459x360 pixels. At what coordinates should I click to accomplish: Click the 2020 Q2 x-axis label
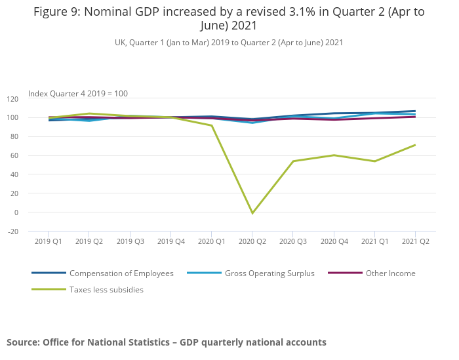coord(252,241)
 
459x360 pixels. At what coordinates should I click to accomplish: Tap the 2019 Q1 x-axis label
coord(49,241)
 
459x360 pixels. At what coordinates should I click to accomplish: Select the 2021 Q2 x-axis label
coord(415,241)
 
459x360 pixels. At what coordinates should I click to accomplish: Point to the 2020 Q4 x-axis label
coord(334,241)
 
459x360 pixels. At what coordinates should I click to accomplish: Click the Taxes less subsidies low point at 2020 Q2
coord(252,213)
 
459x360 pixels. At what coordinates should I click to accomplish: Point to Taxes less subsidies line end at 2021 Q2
coord(415,145)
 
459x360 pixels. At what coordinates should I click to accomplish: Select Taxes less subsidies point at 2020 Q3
coord(293,161)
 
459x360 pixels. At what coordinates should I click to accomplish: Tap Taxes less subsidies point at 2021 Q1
coord(374,161)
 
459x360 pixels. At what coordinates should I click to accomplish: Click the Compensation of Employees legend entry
coord(121,273)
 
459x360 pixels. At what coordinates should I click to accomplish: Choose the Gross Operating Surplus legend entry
coord(269,273)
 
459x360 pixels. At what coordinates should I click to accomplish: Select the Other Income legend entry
coord(390,273)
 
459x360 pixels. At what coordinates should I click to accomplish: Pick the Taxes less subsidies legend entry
coord(106,290)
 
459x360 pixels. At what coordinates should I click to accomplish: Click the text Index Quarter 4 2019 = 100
coord(78,94)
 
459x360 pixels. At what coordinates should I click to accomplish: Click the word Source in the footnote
coord(22,342)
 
